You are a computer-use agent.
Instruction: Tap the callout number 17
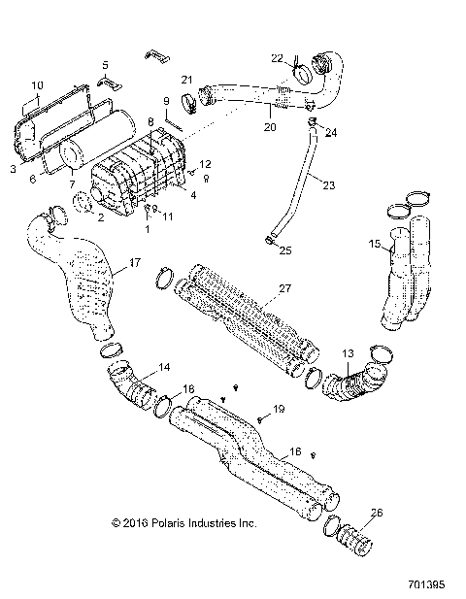point(135,263)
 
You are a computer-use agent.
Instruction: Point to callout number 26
point(377,514)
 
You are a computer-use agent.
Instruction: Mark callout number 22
point(277,58)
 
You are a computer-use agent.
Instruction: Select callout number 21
point(188,80)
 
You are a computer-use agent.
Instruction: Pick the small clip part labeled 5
point(107,81)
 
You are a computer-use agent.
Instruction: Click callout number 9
point(166,101)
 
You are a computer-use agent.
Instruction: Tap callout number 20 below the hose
point(269,126)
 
